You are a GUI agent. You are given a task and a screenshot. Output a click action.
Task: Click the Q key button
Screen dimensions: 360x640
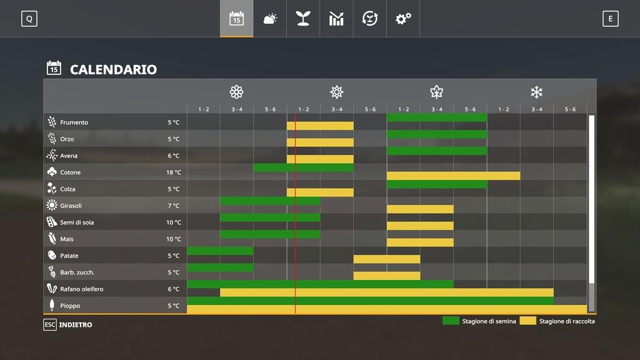tap(29, 19)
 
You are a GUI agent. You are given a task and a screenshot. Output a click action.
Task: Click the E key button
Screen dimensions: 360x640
tap(611, 19)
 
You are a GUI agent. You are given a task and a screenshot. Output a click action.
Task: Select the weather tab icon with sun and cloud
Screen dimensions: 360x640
tap(270, 19)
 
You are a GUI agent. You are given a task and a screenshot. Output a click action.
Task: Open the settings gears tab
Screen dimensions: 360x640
tap(403, 19)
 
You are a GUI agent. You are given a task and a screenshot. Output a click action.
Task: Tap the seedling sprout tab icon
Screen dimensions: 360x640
tap(303, 19)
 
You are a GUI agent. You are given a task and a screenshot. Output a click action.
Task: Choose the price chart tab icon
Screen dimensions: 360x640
tap(336, 19)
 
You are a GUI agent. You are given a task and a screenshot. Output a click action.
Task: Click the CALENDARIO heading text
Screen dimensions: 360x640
tap(113, 69)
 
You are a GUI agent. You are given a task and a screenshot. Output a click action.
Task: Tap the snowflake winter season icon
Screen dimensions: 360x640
tap(536, 92)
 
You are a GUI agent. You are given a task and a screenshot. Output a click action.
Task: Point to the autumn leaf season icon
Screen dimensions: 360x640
tap(436, 92)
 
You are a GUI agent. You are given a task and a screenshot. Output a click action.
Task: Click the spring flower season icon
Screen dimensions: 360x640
tap(236, 92)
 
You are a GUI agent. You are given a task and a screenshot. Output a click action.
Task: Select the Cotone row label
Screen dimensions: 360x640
tap(70, 172)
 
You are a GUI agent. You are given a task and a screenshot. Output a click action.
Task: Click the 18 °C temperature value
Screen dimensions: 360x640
tap(174, 172)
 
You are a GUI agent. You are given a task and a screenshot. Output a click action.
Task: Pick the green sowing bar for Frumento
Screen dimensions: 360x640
tap(436, 117)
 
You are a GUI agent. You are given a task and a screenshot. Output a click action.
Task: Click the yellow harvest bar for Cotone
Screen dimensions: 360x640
tap(453, 176)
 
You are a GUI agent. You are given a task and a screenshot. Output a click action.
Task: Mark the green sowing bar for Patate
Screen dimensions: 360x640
tap(220, 251)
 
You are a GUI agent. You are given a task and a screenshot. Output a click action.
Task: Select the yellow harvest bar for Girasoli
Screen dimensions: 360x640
tap(420, 209)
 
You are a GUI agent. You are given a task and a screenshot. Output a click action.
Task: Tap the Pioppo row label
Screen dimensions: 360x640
tap(70, 306)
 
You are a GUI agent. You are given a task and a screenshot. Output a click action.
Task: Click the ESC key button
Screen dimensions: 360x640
tap(49, 325)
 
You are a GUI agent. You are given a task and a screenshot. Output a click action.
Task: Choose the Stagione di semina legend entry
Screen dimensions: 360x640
tap(479, 321)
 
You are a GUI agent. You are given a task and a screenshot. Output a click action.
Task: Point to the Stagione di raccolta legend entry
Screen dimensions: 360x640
tap(558, 321)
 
